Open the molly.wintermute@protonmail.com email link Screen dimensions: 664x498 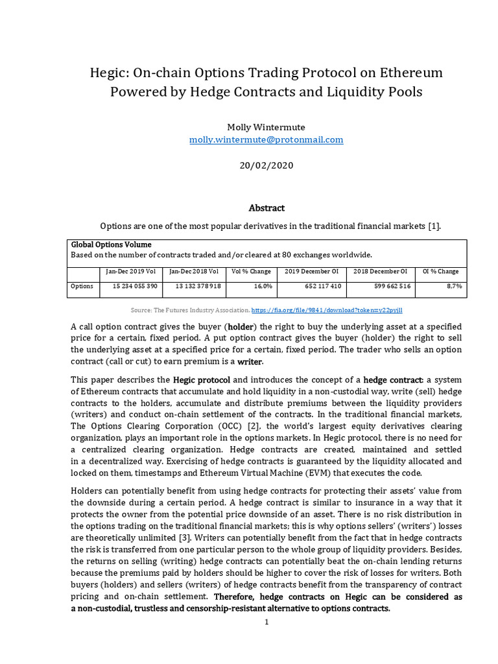tap(266, 139)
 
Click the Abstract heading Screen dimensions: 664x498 tap(267, 208)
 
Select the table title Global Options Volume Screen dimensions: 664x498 tap(111, 244)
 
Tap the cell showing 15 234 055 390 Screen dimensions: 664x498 tap(135, 286)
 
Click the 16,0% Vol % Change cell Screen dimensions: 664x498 tap(263, 286)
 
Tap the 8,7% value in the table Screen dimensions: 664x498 tap(454, 286)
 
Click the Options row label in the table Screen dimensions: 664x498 tap(82, 286)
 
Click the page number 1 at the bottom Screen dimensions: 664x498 tap(266, 622)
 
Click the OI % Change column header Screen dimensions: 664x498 tap(440, 271)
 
